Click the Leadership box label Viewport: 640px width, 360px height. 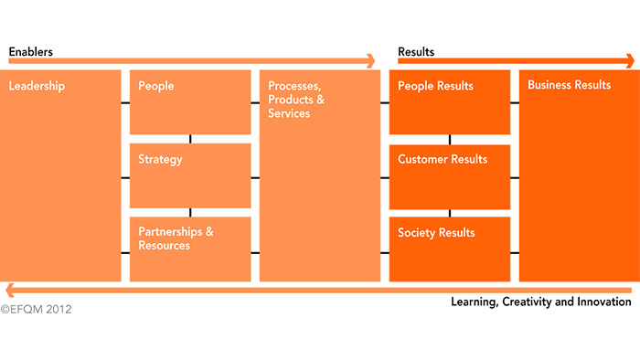tap(37, 86)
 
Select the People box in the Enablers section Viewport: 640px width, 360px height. tap(190, 101)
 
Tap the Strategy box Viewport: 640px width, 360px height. tap(190, 175)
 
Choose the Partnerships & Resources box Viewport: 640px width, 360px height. tap(190, 248)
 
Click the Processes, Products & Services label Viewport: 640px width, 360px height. tap(296, 100)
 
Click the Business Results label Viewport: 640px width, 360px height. tap(569, 86)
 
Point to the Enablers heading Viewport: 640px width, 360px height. tap(31, 52)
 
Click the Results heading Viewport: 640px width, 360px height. tap(416, 52)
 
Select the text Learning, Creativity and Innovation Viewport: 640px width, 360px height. tap(541, 302)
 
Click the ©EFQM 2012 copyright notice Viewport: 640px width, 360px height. tap(36, 310)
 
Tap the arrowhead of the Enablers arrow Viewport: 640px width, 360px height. tap(370, 62)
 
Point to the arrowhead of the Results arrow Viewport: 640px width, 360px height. tap(629, 62)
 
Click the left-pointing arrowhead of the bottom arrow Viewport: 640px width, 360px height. tap(6, 290)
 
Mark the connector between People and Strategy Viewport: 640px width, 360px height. tap(190, 139)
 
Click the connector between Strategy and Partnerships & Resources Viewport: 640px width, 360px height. tap(190, 212)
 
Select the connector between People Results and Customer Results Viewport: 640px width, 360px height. tap(450, 139)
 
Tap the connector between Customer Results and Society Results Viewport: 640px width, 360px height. tap(450, 212)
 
